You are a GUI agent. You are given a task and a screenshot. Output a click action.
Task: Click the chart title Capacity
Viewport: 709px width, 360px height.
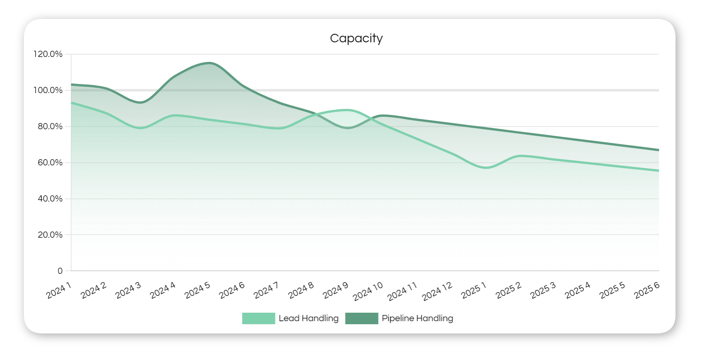[x=356, y=38]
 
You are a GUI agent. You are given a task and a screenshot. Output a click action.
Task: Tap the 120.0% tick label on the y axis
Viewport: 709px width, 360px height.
[x=48, y=54]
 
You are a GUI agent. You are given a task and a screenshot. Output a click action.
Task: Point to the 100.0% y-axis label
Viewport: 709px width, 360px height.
[x=48, y=90]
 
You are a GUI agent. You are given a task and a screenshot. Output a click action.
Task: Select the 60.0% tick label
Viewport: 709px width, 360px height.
[x=50, y=163]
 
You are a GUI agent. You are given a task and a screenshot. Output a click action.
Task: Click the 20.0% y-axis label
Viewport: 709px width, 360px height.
[x=50, y=235]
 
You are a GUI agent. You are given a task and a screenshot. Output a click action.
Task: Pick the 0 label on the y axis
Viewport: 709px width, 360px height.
[x=60, y=271]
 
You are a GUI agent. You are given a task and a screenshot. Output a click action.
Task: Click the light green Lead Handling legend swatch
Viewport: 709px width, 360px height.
[x=259, y=318]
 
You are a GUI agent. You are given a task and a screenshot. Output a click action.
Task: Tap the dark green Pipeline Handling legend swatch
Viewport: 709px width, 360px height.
[x=362, y=318]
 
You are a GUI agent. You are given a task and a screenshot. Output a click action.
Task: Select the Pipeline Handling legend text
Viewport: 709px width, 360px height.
[x=417, y=318]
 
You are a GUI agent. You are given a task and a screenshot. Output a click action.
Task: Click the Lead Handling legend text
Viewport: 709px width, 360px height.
[x=309, y=318]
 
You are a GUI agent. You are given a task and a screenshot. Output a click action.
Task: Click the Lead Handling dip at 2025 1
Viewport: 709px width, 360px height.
[x=486, y=168]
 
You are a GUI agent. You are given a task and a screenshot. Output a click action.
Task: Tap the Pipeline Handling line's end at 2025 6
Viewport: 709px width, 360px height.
[x=658, y=150]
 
